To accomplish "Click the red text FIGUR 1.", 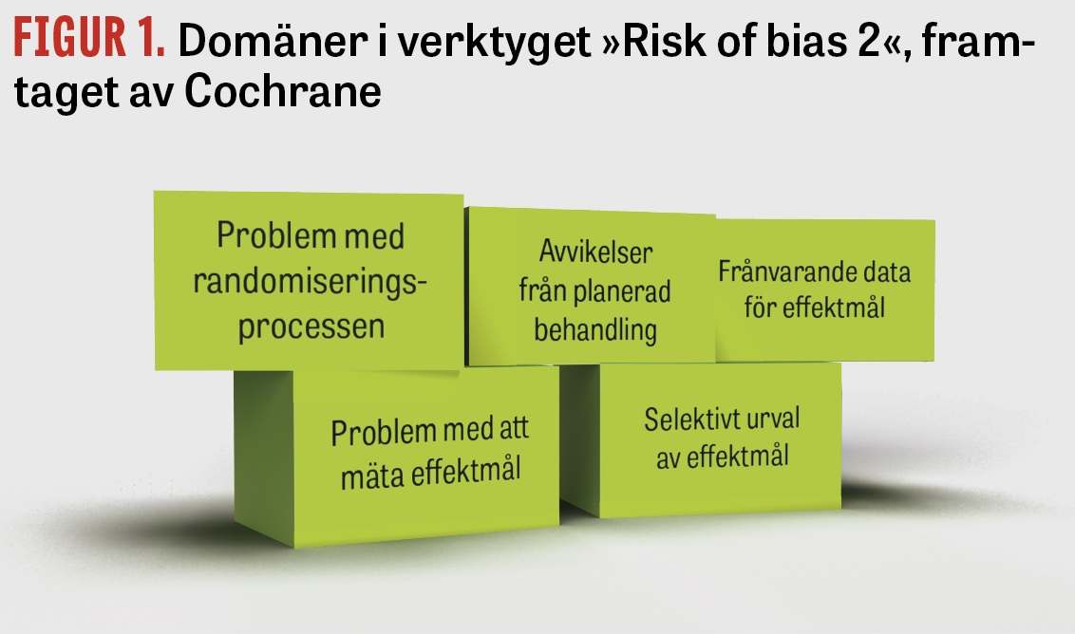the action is [89, 38].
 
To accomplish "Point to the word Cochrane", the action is [282, 91].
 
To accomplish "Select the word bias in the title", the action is [804, 41].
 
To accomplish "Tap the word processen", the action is [311, 326].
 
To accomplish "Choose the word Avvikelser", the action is [595, 252].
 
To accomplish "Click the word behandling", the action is [595, 329].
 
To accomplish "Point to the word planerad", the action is [622, 292].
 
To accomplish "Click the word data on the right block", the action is [886, 272].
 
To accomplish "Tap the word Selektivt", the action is [688, 420].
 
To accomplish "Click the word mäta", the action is [371, 475].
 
